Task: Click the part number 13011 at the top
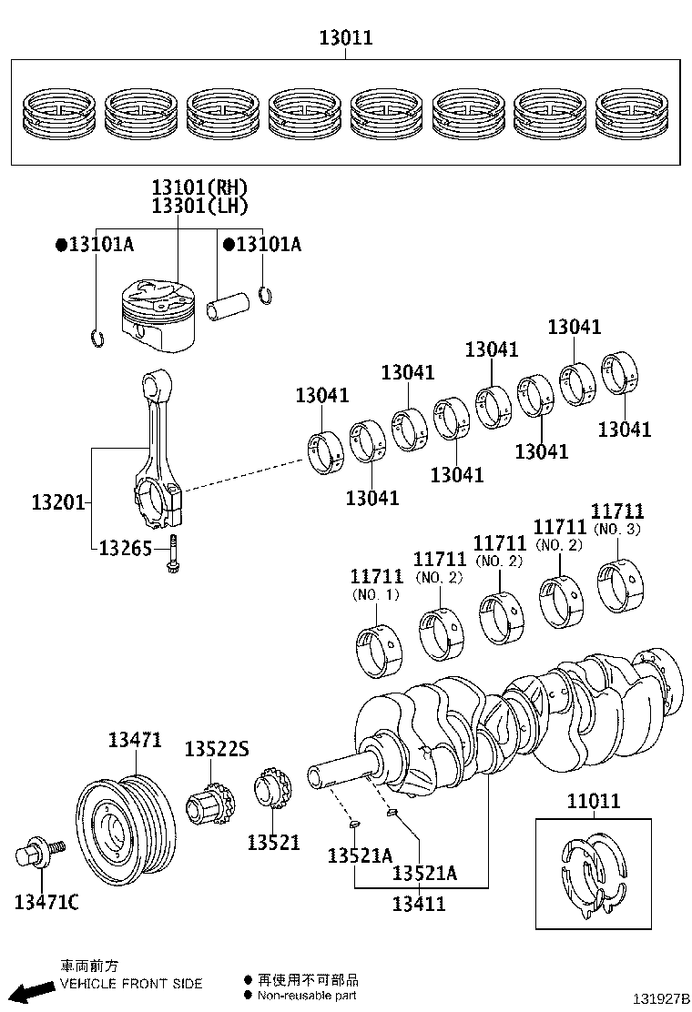[345, 38]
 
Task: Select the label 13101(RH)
[199, 187]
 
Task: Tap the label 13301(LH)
[199, 207]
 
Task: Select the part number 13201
[58, 501]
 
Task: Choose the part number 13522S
[216, 748]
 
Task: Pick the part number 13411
[419, 904]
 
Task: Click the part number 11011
[593, 802]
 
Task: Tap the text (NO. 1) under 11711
[375, 594]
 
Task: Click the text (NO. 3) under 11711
[616, 529]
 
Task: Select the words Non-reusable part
[306, 996]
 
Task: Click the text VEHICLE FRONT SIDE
[131, 983]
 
